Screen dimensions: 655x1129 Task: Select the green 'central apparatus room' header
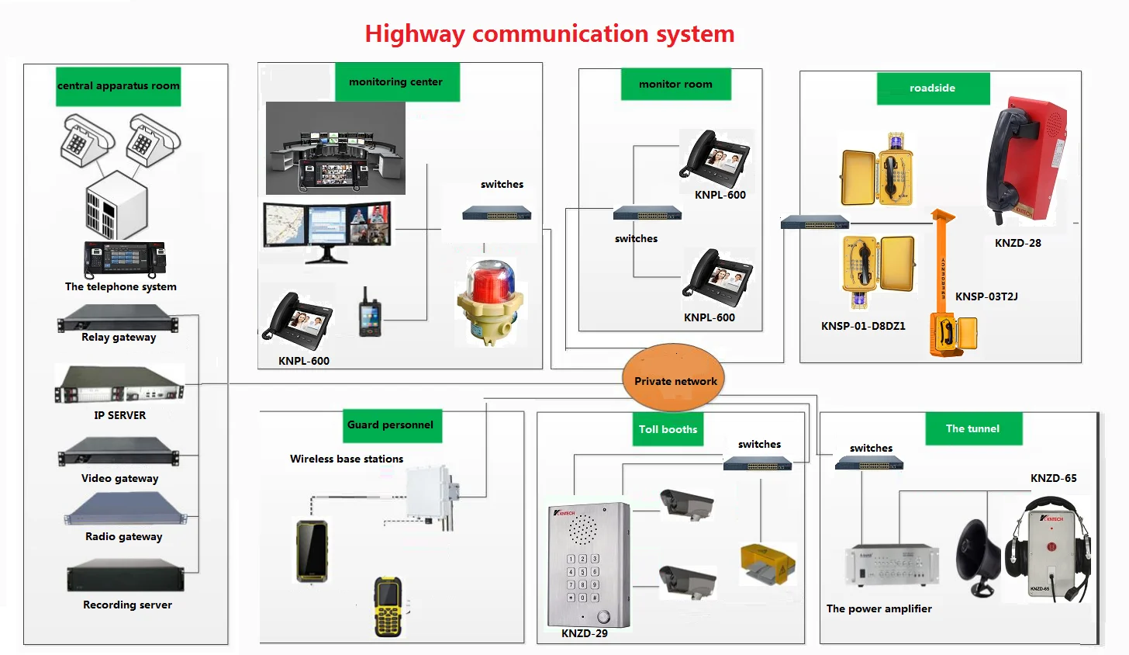click(x=119, y=85)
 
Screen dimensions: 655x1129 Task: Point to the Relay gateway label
click(x=119, y=338)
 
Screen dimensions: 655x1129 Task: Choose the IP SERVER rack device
click(x=119, y=384)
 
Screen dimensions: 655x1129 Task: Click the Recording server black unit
click(x=126, y=579)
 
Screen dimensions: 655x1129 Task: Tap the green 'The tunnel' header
click(x=972, y=428)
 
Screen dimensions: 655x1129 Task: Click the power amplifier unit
click(x=891, y=566)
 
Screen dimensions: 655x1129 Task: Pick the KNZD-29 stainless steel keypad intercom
click(x=589, y=564)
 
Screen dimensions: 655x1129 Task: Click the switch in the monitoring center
click(x=496, y=213)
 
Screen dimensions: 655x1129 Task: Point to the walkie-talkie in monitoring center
click(x=370, y=313)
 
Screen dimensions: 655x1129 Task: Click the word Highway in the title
click(x=414, y=34)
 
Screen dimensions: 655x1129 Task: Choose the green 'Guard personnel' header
click(x=391, y=425)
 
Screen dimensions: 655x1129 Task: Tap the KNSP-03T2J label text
click(x=986, y=296)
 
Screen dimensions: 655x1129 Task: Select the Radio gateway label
click(x=124, y=536)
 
